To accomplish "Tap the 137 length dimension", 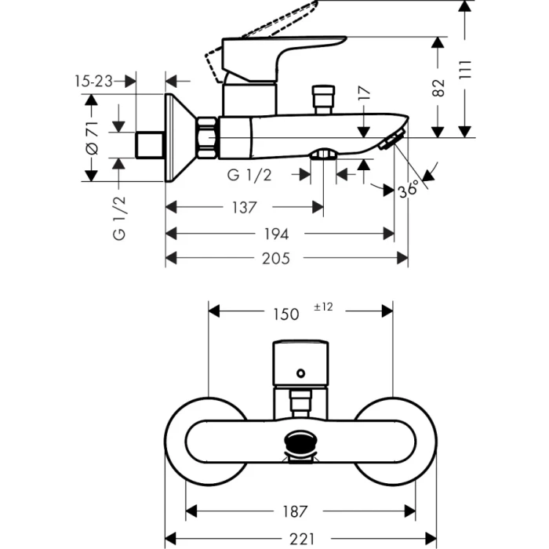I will [x=244, y=208].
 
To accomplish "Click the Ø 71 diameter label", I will [x=91, y=137].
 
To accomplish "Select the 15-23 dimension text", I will [x=93, y=80].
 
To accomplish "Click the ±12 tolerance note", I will [x=324, y=307].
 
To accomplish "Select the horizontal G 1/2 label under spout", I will [x=250, y=176].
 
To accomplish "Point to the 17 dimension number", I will [x=362, y=95].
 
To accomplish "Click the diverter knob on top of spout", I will [x=322, y=100].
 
